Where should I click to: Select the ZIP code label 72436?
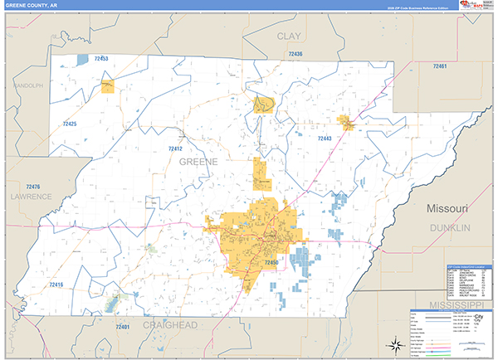tap(295, 55)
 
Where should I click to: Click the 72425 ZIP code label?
tap(69, 124)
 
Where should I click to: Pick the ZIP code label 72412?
tap(174, 148)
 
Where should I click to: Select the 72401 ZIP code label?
tap(122, 328)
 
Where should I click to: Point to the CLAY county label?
tap(289, 36)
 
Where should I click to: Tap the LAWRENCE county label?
tap(31, 197)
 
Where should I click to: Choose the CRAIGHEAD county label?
tap(168, 326)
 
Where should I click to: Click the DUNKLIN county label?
tap(449, 226)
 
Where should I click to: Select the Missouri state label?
tap(448, 207)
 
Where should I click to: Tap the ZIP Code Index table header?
tap(468, 268)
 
